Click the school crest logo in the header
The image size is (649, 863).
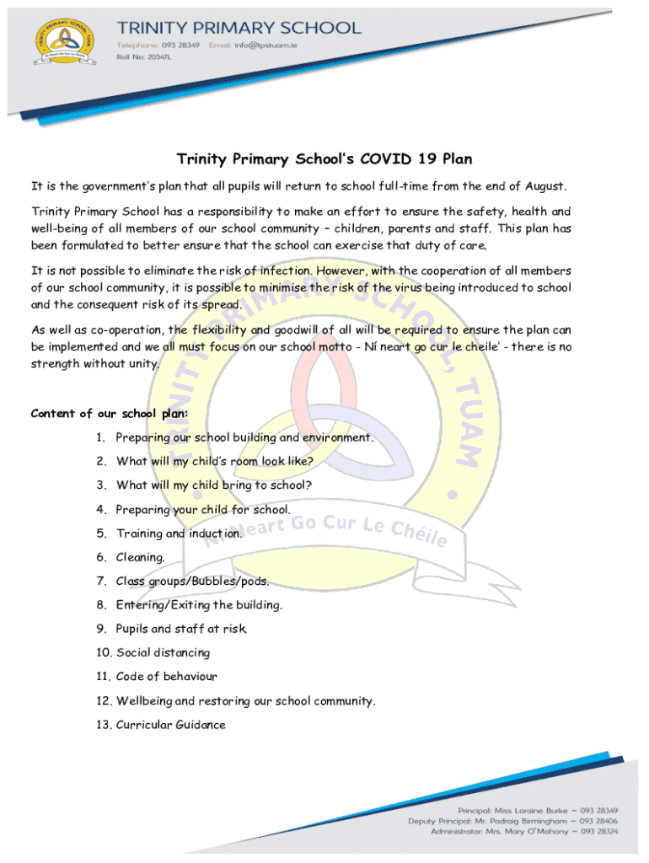(x=64, y=43)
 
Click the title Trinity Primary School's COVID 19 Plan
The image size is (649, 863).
(x=324, y=159)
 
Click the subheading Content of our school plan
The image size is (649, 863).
(x=110, y=413)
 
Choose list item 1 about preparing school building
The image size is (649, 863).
(x=244, y=437)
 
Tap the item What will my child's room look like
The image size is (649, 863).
(x=215, y=461)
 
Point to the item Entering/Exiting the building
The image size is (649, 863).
(x=199, y=604)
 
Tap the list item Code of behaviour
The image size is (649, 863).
(x=166, y=676)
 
